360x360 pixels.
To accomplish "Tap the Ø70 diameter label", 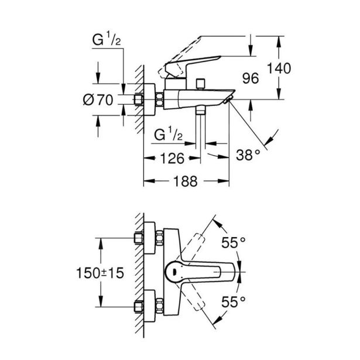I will coord(98,100).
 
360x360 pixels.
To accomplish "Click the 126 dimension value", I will coord(172,158).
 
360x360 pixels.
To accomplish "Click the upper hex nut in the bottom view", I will coord(139,238).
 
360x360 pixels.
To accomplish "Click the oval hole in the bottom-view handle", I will coord(175,271).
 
